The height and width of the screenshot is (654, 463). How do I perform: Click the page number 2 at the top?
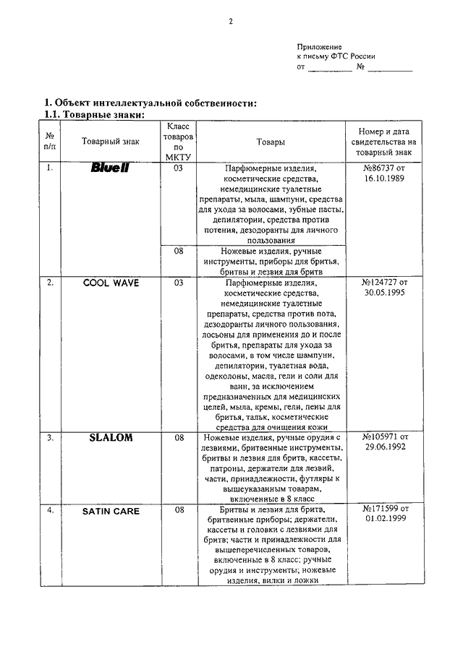231,21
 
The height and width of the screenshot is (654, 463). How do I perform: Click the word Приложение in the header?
320,46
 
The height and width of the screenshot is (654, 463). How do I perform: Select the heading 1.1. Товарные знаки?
95,114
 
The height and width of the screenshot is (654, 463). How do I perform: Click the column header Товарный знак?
111,142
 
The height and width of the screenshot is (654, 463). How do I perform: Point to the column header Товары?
270,142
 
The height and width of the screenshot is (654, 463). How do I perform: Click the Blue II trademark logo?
110,168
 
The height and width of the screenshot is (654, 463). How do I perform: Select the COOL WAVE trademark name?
111,283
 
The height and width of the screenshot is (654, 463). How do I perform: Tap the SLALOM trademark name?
111,438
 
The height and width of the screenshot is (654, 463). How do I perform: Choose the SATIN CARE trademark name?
111,511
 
